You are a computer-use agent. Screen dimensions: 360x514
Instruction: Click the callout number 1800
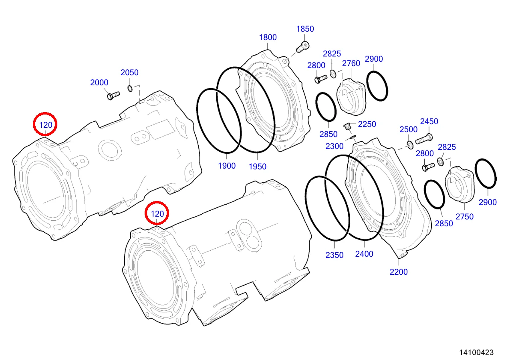(268, 37)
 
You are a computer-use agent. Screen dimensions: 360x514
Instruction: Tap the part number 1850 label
(305, 29)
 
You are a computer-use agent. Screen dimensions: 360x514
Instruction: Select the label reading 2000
(99, 82)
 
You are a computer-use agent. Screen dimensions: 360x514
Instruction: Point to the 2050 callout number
(129, 72)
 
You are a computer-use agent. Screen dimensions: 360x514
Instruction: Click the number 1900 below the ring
(227, 165)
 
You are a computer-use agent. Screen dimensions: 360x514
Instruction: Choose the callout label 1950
(257, 167)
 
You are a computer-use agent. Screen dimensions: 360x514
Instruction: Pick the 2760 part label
(351, 63)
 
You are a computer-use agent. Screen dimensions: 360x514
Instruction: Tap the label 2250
(367, 124)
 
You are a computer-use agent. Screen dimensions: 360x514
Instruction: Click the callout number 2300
(334, 146)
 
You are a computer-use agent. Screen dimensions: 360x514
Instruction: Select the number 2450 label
(429, 121)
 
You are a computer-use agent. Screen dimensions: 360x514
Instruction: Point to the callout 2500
(408, 129)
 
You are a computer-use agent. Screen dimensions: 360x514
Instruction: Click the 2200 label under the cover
(398, 272)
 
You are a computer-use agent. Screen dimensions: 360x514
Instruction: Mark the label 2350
(334, 255)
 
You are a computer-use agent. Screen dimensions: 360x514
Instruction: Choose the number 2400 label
(364, 254)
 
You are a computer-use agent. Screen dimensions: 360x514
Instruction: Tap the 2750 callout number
(464, 217)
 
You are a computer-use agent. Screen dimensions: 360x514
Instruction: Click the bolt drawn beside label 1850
(302, 47)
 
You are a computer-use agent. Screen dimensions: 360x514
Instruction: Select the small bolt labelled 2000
(113, 95)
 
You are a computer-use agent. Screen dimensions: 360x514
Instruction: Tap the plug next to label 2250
(348, 127)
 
